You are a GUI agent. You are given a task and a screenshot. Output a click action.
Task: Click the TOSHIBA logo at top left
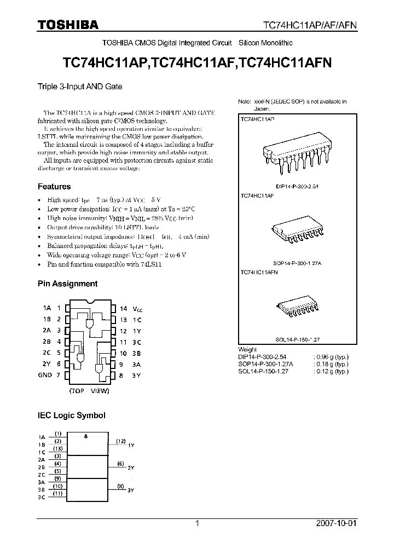pos(68,25)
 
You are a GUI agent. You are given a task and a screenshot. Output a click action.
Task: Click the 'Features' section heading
pos(54,187)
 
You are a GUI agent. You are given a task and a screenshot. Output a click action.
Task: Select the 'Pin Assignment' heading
pos(67,284)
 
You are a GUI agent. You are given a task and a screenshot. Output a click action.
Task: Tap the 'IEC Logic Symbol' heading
pos(71,415)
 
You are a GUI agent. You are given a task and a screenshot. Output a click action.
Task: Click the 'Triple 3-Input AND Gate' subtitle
pos(79,86)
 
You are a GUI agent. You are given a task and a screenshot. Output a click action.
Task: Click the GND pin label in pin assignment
pos(45,375)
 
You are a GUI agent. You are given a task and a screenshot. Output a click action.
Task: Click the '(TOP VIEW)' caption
pos(89,391)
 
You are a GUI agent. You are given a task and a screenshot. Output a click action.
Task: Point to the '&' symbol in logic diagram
pos(86,436)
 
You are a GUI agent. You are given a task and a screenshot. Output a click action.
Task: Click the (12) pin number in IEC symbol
pos(120,441)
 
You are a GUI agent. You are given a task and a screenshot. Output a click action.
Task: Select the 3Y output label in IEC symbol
pos(131,490)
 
